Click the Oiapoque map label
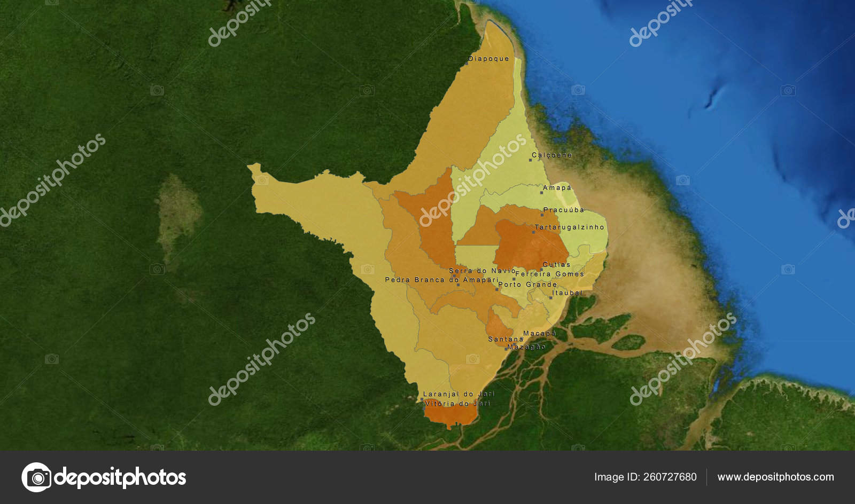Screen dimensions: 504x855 489,59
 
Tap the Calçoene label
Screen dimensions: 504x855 552,155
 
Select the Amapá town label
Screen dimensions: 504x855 557,188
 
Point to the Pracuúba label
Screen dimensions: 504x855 564,210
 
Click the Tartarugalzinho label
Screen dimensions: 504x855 570,227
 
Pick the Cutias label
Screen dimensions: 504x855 557,265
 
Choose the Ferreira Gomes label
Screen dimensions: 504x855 550,274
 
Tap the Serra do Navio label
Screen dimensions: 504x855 483,271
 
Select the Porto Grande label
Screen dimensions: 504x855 527,285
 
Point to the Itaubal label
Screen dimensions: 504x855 568,293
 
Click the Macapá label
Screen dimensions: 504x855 540,334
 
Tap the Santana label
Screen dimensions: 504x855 506,340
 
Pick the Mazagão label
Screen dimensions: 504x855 527,347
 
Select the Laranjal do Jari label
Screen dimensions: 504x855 459,394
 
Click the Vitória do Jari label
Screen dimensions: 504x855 457,404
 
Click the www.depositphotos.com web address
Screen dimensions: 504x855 775,477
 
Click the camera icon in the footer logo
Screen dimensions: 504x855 36,477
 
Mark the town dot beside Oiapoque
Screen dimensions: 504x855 466,63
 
